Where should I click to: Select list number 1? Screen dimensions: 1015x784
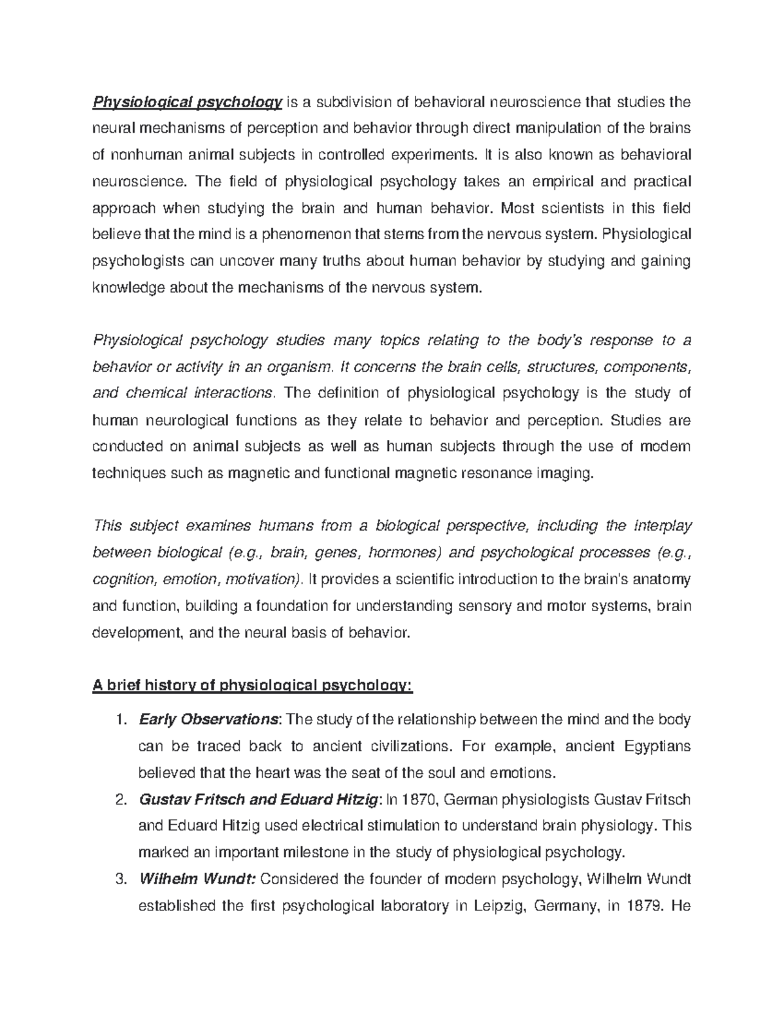coord(118,720)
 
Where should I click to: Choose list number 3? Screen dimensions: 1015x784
coord(118,879)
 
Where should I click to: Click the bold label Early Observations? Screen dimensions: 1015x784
coord(208,720)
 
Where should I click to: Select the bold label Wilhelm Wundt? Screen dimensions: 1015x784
coord(198,879)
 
